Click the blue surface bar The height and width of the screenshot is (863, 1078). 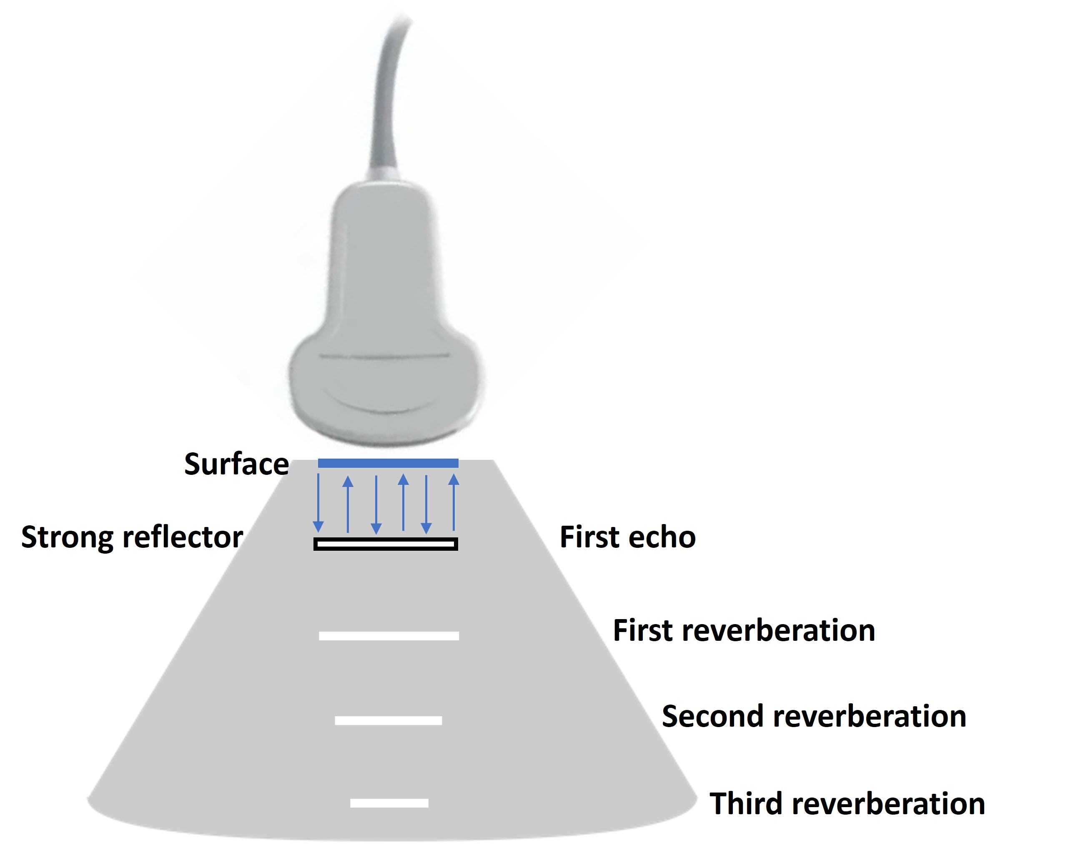[388, 463]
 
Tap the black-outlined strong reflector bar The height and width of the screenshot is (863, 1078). [386, 544]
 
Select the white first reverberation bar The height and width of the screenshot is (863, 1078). [389, 635]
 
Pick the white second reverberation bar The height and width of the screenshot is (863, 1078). [389, 720]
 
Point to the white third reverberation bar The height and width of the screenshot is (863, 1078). [389, 803]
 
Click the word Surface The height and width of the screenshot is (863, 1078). [236, 464]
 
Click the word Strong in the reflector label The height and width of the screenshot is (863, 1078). [68, 537]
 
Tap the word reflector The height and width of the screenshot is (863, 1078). [183, 537]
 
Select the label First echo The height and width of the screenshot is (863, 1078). [627, 537]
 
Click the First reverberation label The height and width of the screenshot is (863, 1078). [744, 630]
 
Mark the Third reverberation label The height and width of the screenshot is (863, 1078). [847, 803]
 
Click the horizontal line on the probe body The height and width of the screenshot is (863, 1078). [384, 356]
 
